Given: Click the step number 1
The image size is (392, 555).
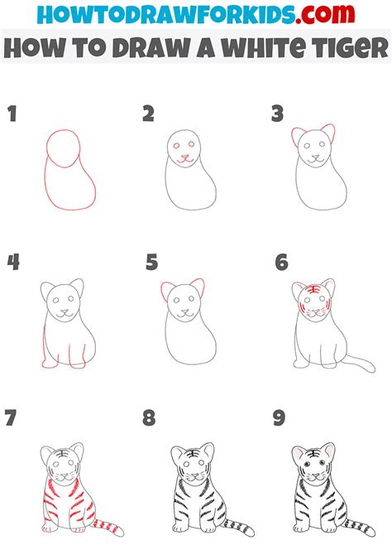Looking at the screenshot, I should point(12,114).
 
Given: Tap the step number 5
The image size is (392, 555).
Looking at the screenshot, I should point(151,263).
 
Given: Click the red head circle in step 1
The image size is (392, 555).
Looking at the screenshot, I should point(65,148).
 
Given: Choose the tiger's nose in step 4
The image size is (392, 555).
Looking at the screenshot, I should point(63,314).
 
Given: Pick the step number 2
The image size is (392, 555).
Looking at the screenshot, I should point(149,114).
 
